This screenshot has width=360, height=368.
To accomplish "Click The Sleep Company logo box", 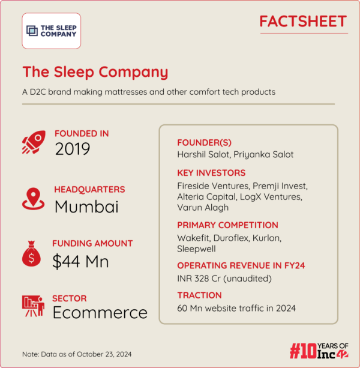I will [52, 31].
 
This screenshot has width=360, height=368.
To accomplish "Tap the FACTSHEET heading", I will [302, 22].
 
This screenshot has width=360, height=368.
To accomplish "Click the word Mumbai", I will [86, 206].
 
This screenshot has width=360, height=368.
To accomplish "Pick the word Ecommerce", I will [100, 313].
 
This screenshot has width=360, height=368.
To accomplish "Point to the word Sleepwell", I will [197, 248].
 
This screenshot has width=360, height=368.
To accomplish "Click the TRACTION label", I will [200, 295].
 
